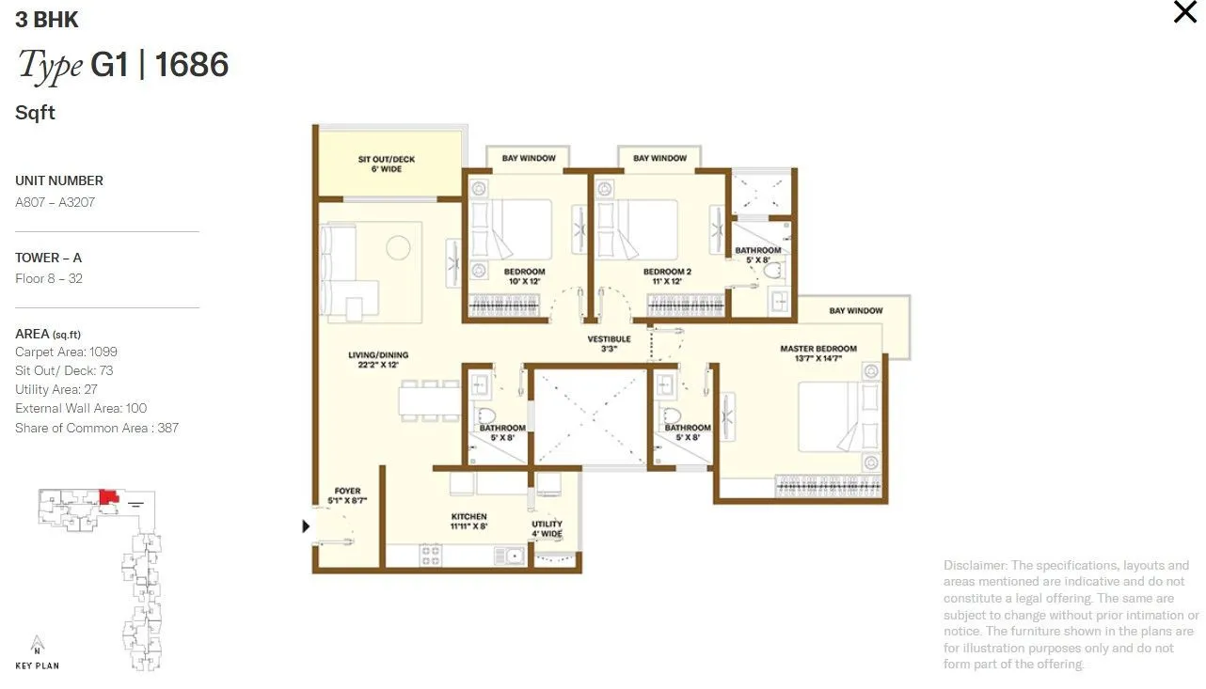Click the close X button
tap(1184, 12)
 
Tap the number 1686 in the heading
tap(191, 65)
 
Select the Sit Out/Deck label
tap(386, 164)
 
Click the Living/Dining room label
tap(378, 360)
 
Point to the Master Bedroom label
tap(817, 352)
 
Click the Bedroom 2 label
tap(667, 276)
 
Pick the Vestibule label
tap(609, 343)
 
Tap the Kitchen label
tap(468, 521)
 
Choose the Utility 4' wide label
tap(547, 528)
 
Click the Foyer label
tap(347, 495)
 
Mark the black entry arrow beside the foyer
tap(306, 526)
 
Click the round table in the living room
tap(399, 247)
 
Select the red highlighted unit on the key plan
tap(108, 495)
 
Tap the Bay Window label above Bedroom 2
tap(659, 158)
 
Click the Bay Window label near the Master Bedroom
tap(855, 310)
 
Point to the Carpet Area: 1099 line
tap(66, 352)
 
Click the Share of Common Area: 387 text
tap(97, 428)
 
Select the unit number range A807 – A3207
tap(55, 202)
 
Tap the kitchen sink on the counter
tap(514, 556)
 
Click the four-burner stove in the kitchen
tap(431, 556)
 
